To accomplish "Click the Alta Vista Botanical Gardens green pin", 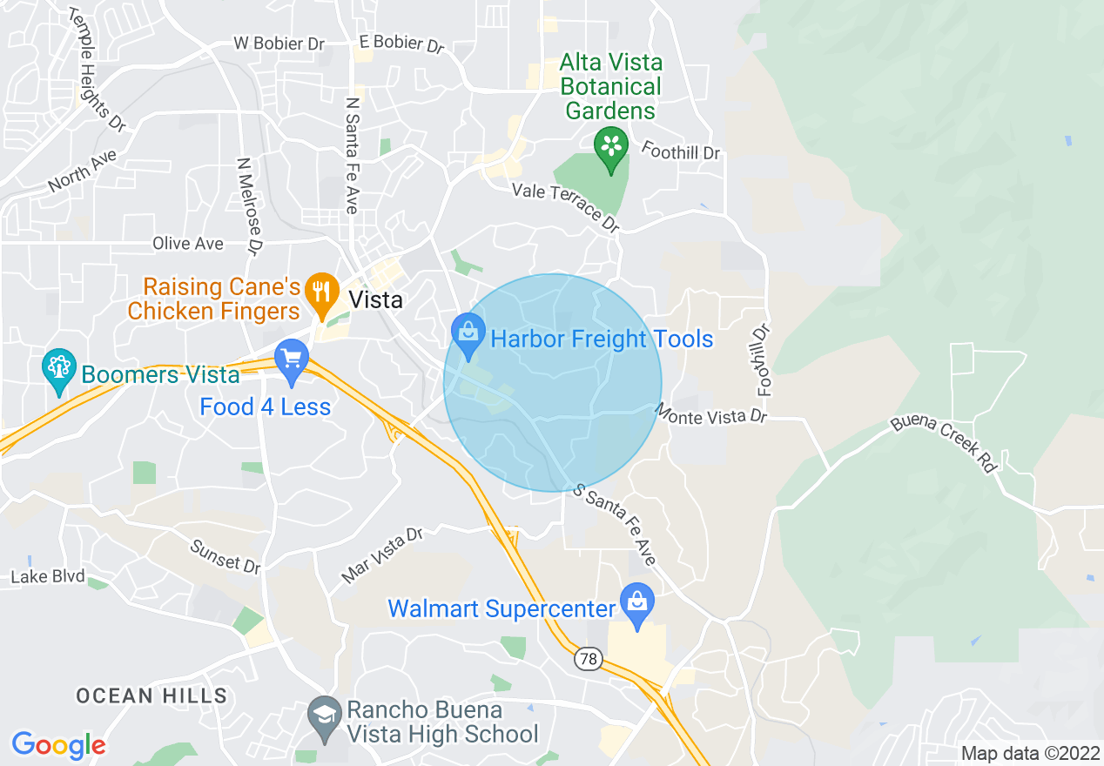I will pyautogui.click(x=611, y=145).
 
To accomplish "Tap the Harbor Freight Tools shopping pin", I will pyautogui.click(x=468, y=334).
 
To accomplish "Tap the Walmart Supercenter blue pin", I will pyautogui.click(x=637, y=602).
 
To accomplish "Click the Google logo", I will pyautogui.click(x=58, y=745).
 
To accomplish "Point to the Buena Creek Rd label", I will pyautogui.click(x=944, y=444).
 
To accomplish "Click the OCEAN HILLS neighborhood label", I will pyautogui.click(x=151, y=695).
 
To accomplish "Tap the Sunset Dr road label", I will pyautogui.click(x=226, y=556).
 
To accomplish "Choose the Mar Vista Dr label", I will pyautogui.click(x=381, y=554).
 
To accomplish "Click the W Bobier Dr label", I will pyautogui.click(x=280, y=44).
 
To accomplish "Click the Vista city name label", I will pyautogui.click(x=375, y=300).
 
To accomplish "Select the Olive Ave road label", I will pyautogui.click(x=188, y=244).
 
